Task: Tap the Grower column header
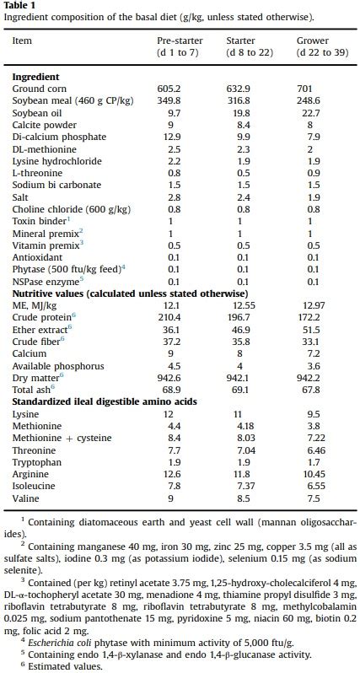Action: pyautogui.click(x=313, y=46)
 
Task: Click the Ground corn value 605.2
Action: pyautogui.click(x=169, y=89)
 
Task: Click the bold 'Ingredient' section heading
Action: pyautogui.click(x=35, y=77)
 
